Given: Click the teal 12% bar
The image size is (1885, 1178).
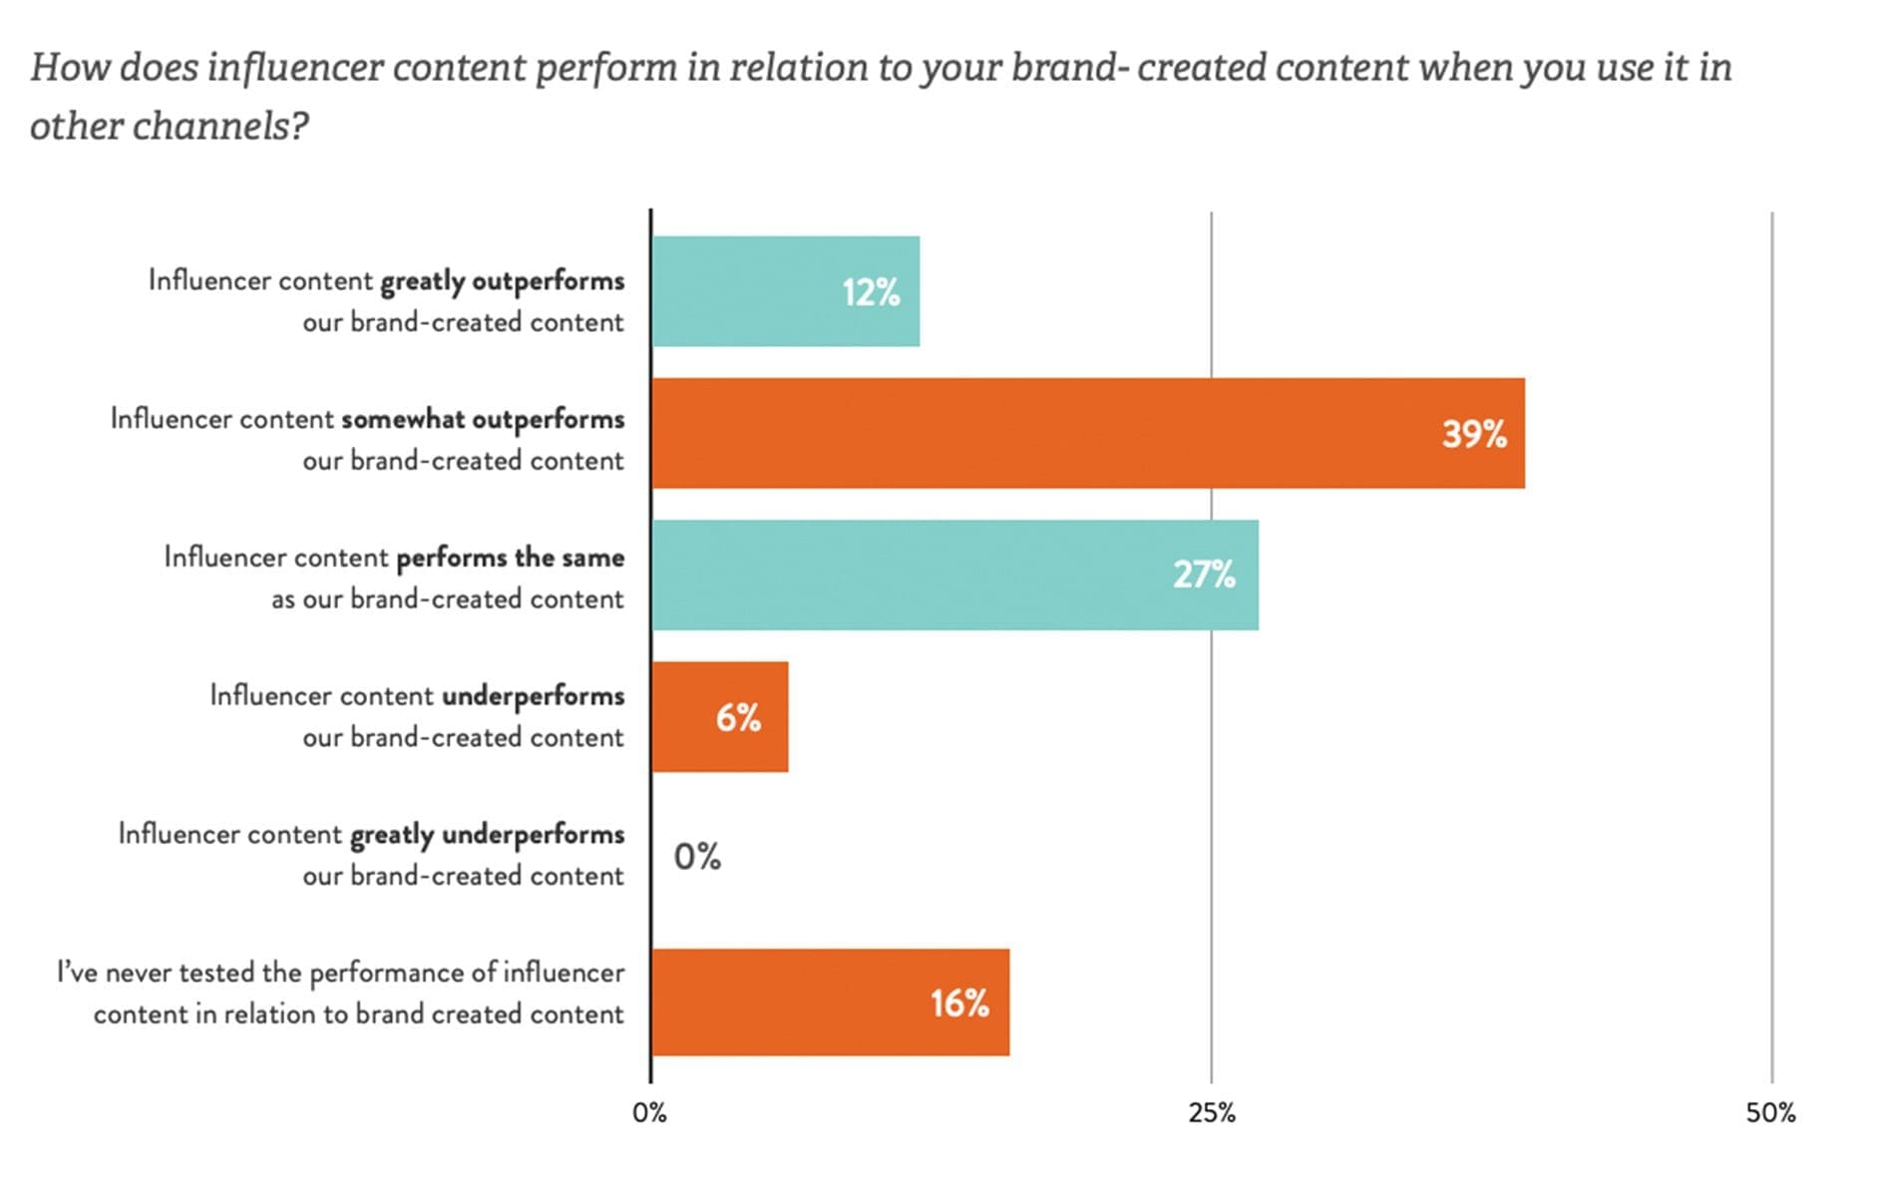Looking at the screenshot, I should (785, 291).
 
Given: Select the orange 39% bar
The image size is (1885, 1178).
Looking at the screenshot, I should (1087, 433).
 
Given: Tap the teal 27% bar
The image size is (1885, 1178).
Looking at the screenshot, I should (954, 575).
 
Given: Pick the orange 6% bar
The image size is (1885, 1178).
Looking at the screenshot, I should (719, 716).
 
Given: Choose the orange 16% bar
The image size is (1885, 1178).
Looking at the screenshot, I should (830, 1001).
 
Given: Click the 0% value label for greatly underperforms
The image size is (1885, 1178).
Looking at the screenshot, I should (697, 857).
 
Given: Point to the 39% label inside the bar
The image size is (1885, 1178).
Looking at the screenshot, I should (1473, 434).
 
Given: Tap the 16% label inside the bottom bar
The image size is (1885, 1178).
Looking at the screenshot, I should (959, 1003).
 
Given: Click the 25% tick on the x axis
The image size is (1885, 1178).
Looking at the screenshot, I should (1212, 1113).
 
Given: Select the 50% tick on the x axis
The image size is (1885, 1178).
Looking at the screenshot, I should (1770, 1113).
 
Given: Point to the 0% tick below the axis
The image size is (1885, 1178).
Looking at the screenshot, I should (649, 1113).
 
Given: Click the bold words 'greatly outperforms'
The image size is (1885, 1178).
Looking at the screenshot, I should (503, 281).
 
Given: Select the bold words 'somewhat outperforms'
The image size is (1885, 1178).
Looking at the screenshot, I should (483, 419).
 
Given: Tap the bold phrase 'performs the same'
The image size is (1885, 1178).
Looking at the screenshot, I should (511, 558).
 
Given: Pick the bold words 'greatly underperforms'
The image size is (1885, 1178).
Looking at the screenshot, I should (487, 834).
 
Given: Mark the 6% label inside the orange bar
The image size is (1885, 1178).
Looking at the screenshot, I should (738, 717).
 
